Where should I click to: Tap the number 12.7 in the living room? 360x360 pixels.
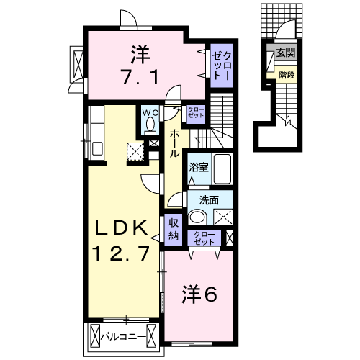(x=122, y=253)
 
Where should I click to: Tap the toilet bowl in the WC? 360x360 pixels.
(x=150, y=125)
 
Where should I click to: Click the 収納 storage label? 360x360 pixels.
(x=174, y=230)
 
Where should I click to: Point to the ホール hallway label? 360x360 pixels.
(x=175, y=145)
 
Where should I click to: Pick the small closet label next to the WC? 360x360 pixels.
(x=195, y=112)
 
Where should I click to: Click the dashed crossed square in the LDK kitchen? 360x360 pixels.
(x=135, y=150)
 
